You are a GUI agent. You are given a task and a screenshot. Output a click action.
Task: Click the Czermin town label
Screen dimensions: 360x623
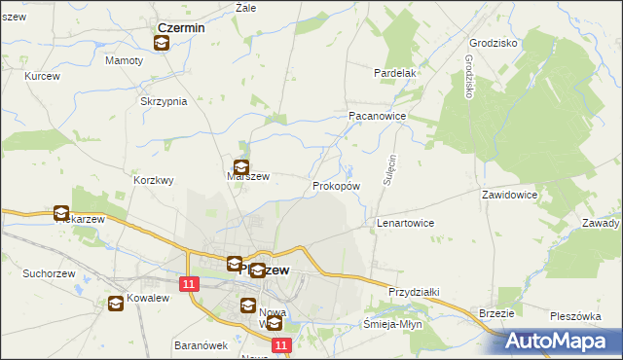(x=181, y=28)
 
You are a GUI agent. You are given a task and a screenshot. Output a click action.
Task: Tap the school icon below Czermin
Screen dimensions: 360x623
(x=162, y=43)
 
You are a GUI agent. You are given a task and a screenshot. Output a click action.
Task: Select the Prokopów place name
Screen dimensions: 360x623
(x=337, y=185)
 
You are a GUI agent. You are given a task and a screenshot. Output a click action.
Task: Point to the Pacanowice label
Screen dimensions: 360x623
(x=377, y=115)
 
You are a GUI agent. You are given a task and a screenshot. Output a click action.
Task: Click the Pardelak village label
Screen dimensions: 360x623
(x=395, y=73)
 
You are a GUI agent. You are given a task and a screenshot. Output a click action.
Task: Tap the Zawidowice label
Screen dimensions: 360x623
(x=509, y=195)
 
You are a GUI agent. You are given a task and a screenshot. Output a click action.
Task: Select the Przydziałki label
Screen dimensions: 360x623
(x=415, y=292)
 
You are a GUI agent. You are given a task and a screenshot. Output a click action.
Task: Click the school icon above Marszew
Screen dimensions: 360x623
(x=240, y=167)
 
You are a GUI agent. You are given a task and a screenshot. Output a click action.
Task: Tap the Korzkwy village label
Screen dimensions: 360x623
(x=154, y=180)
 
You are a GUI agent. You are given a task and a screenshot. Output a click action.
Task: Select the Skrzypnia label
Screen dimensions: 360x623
(x=164, y=102)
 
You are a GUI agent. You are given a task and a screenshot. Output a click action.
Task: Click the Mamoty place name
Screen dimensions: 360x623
(x=124, y=60)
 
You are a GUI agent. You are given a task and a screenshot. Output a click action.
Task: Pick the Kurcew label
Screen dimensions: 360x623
(x=43, y=76)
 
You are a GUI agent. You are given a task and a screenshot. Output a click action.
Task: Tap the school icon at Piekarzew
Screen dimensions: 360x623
(x=61, y=213)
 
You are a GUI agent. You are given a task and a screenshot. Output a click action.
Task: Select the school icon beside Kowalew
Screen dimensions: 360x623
(x=116, y=303)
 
